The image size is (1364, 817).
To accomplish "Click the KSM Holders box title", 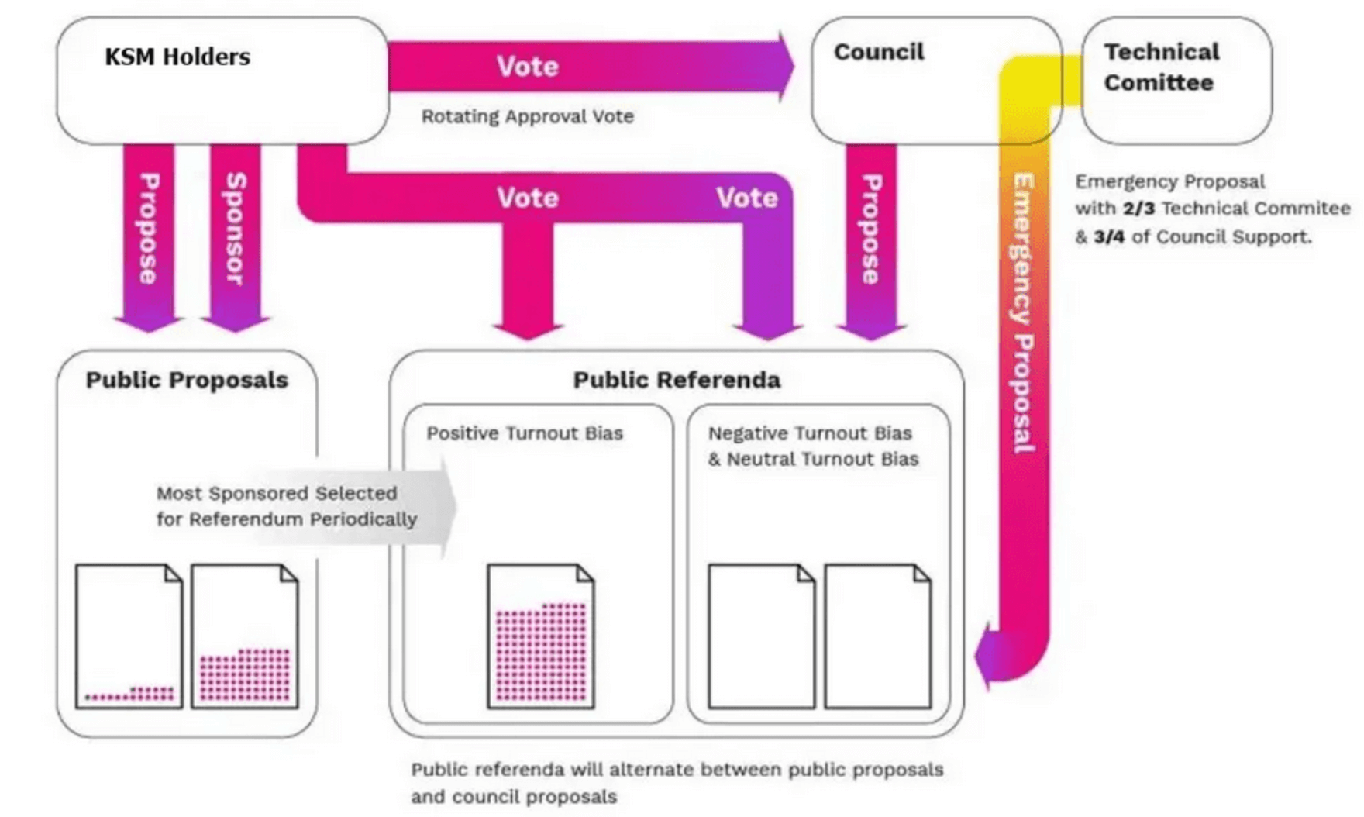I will (177, 57).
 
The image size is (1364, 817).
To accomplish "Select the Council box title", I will (879, 52).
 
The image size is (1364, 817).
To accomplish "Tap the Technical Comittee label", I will (1161, 67).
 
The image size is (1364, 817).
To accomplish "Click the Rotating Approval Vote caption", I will (527, 116).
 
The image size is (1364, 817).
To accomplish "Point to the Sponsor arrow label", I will (235, 229).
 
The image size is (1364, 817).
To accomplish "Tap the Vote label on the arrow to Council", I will (527, 67).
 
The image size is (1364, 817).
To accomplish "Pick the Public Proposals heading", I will (187, 380).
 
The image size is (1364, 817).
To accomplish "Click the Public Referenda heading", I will (677, 380).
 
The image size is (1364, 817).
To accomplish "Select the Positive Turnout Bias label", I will (525, 433).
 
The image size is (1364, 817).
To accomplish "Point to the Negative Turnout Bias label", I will (810, 433).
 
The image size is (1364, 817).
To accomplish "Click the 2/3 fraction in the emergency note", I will (1138, 209).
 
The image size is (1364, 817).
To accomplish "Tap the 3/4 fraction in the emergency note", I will (1108, 236).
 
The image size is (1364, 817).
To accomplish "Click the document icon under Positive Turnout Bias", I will (540, 636).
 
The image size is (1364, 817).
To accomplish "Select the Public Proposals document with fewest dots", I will (129, 636).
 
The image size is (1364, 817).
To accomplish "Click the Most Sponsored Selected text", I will (277, 493).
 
